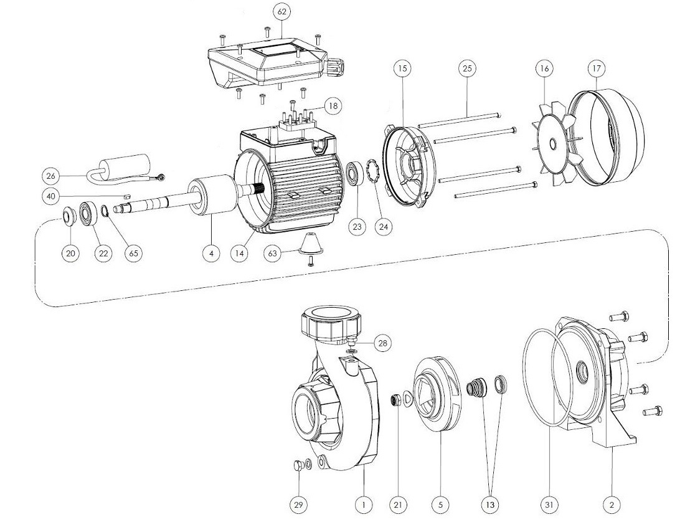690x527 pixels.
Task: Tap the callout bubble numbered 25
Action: click(468, 69)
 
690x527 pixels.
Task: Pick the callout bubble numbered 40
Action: click(52, 196)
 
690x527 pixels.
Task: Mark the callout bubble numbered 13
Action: click(489, 505)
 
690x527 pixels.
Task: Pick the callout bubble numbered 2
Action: click(612, 505)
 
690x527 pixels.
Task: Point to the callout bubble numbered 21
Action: click(397, 505)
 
